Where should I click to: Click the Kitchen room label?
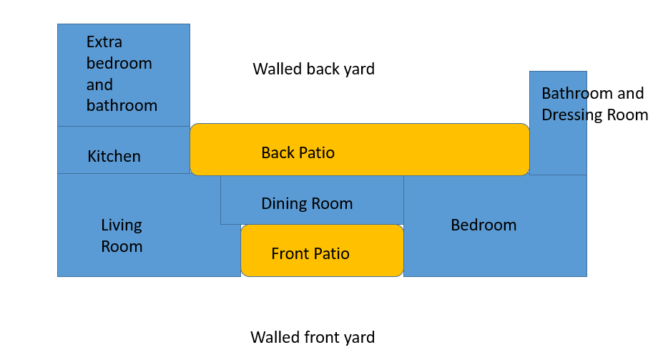(114, 156)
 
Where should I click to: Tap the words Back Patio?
(298, 152)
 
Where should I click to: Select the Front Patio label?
(310, 253)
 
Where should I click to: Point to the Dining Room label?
(307, 204)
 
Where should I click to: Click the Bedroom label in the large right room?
(483, 225)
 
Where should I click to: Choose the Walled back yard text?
(313, 69)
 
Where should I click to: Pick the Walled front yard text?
(313, 337)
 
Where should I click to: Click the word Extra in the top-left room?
(104, 42)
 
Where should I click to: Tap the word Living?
(122, 225)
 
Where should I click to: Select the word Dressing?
(572, 115)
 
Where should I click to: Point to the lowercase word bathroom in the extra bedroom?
(122, 105)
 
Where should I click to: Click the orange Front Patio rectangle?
(323, 250)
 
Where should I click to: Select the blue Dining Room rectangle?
(313, 200)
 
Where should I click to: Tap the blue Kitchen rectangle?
(124, 150)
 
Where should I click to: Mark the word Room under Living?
(122, 247)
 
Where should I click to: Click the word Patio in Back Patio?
(318, 152)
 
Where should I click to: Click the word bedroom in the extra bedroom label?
(119, 63)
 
